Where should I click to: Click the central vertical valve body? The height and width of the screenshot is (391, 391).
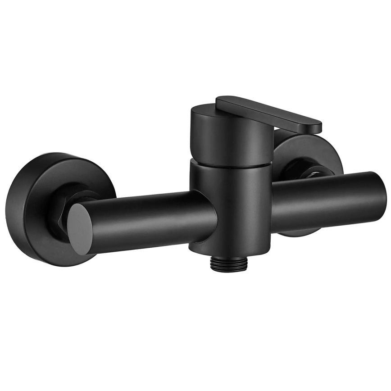point(230,203)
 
